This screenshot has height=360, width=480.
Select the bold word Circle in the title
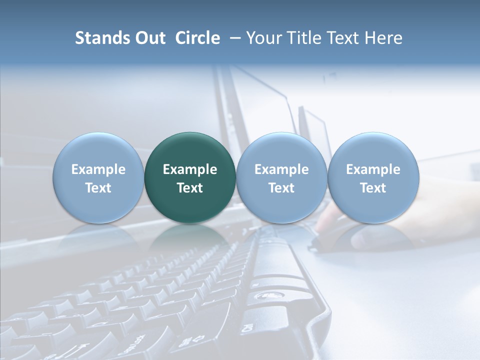197,38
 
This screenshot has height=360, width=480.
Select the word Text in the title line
344,38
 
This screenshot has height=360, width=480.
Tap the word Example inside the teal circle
190,169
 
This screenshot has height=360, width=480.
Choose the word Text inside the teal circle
190,188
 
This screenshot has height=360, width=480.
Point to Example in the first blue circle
98,169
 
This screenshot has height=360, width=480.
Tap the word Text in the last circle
373,188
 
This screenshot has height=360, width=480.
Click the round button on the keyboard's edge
263,296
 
